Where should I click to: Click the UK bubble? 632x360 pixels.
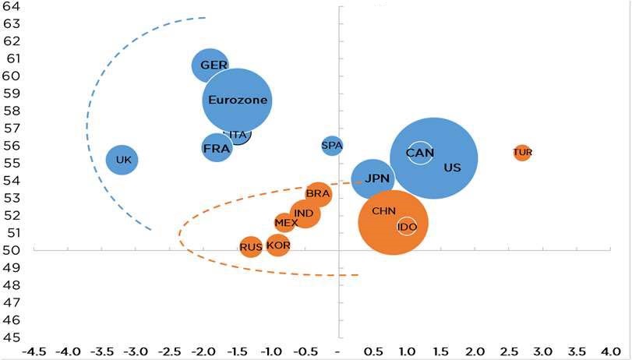122,160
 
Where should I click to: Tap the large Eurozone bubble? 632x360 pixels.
238,101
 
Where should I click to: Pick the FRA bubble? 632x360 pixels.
216,147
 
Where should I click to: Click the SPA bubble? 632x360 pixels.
332,145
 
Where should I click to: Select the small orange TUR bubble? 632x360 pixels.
522,152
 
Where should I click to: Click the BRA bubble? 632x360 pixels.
318,193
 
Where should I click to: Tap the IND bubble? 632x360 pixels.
305,213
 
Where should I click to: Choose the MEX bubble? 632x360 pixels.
286,223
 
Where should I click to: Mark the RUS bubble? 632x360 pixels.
250,247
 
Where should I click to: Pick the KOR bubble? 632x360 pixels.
278,245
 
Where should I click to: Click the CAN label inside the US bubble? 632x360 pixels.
420,153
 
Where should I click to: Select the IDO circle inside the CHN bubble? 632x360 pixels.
407,227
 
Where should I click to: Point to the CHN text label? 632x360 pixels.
383,211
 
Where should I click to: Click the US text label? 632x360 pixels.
452,168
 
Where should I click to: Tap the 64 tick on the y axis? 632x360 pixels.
11,6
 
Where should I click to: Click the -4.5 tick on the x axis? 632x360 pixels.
34,351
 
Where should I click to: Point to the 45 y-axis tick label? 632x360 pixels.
11,337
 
